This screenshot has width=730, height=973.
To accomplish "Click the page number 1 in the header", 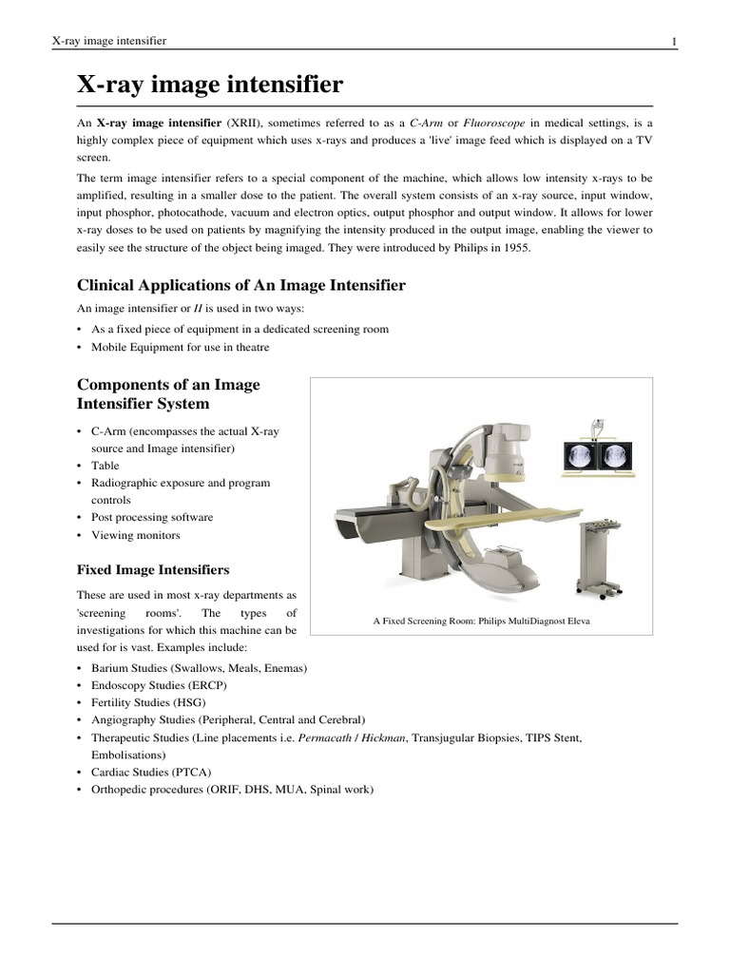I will coord(674,41).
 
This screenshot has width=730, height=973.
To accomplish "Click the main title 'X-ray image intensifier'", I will coord(209,86).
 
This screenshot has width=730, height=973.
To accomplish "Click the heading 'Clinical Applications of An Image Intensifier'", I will coord(240,285).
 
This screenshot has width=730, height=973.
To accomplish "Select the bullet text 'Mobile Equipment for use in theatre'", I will coord(181,347).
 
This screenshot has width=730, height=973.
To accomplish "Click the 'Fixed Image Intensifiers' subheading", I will coord(152,570).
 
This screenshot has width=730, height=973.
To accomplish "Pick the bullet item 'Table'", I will coord(106,466).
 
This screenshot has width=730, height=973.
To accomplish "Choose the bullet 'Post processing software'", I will coord(152,518).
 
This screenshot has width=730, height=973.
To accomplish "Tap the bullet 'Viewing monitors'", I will coord(136,535).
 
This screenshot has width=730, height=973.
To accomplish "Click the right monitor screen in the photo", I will coord(615,457).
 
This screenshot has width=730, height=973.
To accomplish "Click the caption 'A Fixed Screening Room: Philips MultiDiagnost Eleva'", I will coord(480,621).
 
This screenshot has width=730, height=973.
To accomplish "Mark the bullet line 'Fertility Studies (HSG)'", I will coord(148,702).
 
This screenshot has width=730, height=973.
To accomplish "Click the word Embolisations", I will coord(130,754).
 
